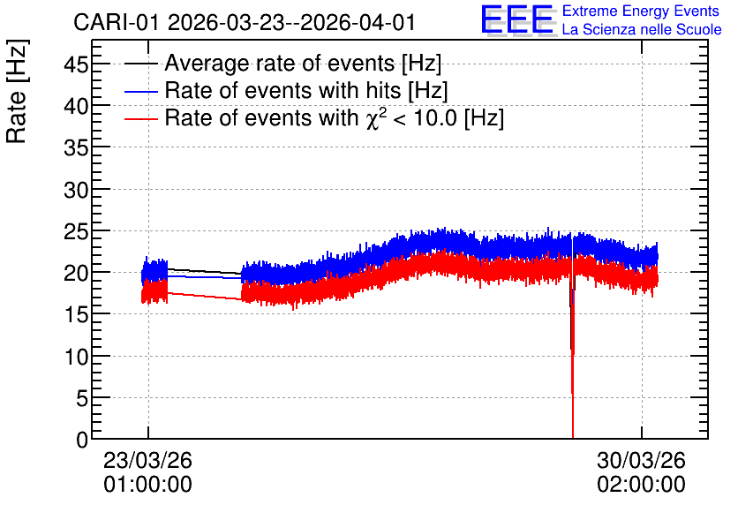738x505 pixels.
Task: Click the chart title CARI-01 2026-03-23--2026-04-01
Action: [x=245, y=23]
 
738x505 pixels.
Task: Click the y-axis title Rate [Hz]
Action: [x=17, y=91]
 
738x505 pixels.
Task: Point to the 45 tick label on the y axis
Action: [x=76, y=64]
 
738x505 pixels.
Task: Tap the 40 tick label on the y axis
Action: [x=76, y=106]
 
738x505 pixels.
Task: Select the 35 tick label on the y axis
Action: [x=76, y=147]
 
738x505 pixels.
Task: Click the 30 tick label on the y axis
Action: [x=76, y=190]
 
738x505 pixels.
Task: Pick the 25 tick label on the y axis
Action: [x=76, y=231]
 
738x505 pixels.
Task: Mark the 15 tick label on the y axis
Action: [x=76, y=314]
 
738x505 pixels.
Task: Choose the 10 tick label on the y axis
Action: [x=76, y=357]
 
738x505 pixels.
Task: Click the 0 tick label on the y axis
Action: [x=82, y=440]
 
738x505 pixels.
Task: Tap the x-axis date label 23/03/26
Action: [x=147, y=460]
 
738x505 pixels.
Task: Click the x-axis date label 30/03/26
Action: [x=641, y=460]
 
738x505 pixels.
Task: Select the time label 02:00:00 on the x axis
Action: [x=641, y=485]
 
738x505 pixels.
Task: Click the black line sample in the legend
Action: [x=140, y=64]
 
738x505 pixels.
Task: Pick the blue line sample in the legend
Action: [x=140, y=91]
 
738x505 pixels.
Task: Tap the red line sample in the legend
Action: [x=140, y=118]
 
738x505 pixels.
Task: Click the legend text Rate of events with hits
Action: [x=282, y=90]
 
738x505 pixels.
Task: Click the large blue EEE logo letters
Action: [x=517, y=20]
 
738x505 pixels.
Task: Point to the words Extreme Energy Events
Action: [x=641, y=11]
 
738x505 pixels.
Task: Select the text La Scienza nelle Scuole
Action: [x=642, y=29]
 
